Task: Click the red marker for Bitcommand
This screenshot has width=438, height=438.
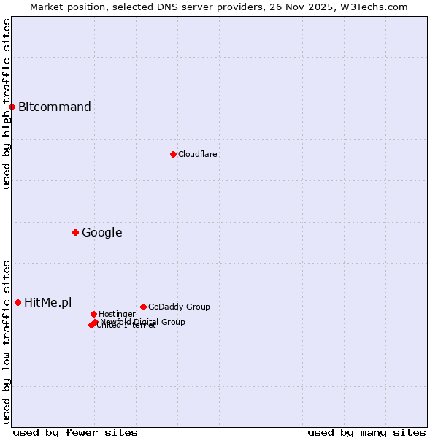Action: point(12,107)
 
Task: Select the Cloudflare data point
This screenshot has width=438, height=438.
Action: point(173,154)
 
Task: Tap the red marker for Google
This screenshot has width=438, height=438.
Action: point(75,233)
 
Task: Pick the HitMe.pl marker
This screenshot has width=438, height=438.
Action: point(18,302)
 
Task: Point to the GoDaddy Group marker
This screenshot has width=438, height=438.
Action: point(143,307)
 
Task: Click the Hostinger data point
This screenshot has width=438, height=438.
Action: point(93,314)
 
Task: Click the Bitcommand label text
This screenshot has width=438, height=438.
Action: point(55,107)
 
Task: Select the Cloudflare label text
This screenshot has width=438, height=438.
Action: point(198,154)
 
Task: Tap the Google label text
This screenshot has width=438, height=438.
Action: point(102,233)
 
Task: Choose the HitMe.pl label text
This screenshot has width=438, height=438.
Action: point(48,302)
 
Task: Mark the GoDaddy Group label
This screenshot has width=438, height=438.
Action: point(179,307)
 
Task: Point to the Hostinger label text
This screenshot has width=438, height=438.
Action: point(117,314)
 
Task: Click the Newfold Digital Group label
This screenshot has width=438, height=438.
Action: point(143,322)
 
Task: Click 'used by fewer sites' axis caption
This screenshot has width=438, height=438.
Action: point(75,432)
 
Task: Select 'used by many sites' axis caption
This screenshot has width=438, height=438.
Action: point(366,432)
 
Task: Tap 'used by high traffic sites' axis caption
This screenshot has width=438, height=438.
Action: point(7,104)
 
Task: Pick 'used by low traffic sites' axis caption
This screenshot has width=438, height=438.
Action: point(7,342)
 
